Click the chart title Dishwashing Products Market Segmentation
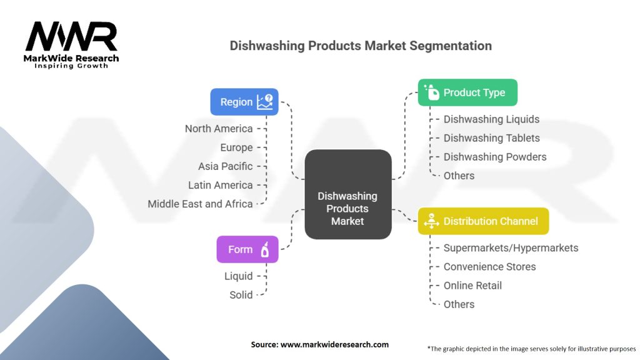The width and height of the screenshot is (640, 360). pyautogui.click(x=361, y=46)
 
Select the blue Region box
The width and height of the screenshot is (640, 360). pyautogui.click(x=244, y=102)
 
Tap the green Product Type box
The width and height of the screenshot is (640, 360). pyautogui.click(x=467, y=92)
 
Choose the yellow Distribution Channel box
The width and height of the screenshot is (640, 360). pyautogui.click(x=482, y=221)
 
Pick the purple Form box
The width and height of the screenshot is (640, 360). pyautogui.click(x=247, y=249)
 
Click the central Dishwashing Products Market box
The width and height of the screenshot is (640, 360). pyautogui.click(x=347, y=209)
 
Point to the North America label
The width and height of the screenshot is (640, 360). pyautogui.click(x=219, y=129)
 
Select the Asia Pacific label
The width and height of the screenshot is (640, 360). pyautogui.click(x=226, y=166)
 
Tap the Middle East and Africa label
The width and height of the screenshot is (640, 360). pyautogui.click(x=200, y=204)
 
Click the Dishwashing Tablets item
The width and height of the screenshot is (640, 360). pyautogui.click(x=491, y=138)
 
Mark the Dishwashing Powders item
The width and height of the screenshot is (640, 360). pyautogui.click(x=494, y=157)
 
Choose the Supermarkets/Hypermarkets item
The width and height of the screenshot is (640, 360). pyautogui.click(x=511, y=248)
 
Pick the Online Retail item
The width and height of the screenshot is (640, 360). pyautogui.click(x=472, y=286)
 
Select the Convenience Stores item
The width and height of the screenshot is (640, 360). pyautogui.click(x=489, y=267)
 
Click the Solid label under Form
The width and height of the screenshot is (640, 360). pyautogui.click(x=241, y=295)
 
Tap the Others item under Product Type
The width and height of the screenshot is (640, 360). pyautogui.click(x=459, y=176)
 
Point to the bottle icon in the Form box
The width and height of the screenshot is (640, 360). pyautogui.click(x=265, y=249)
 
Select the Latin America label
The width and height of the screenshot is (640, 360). pyautogui.click(x=221, y=185)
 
